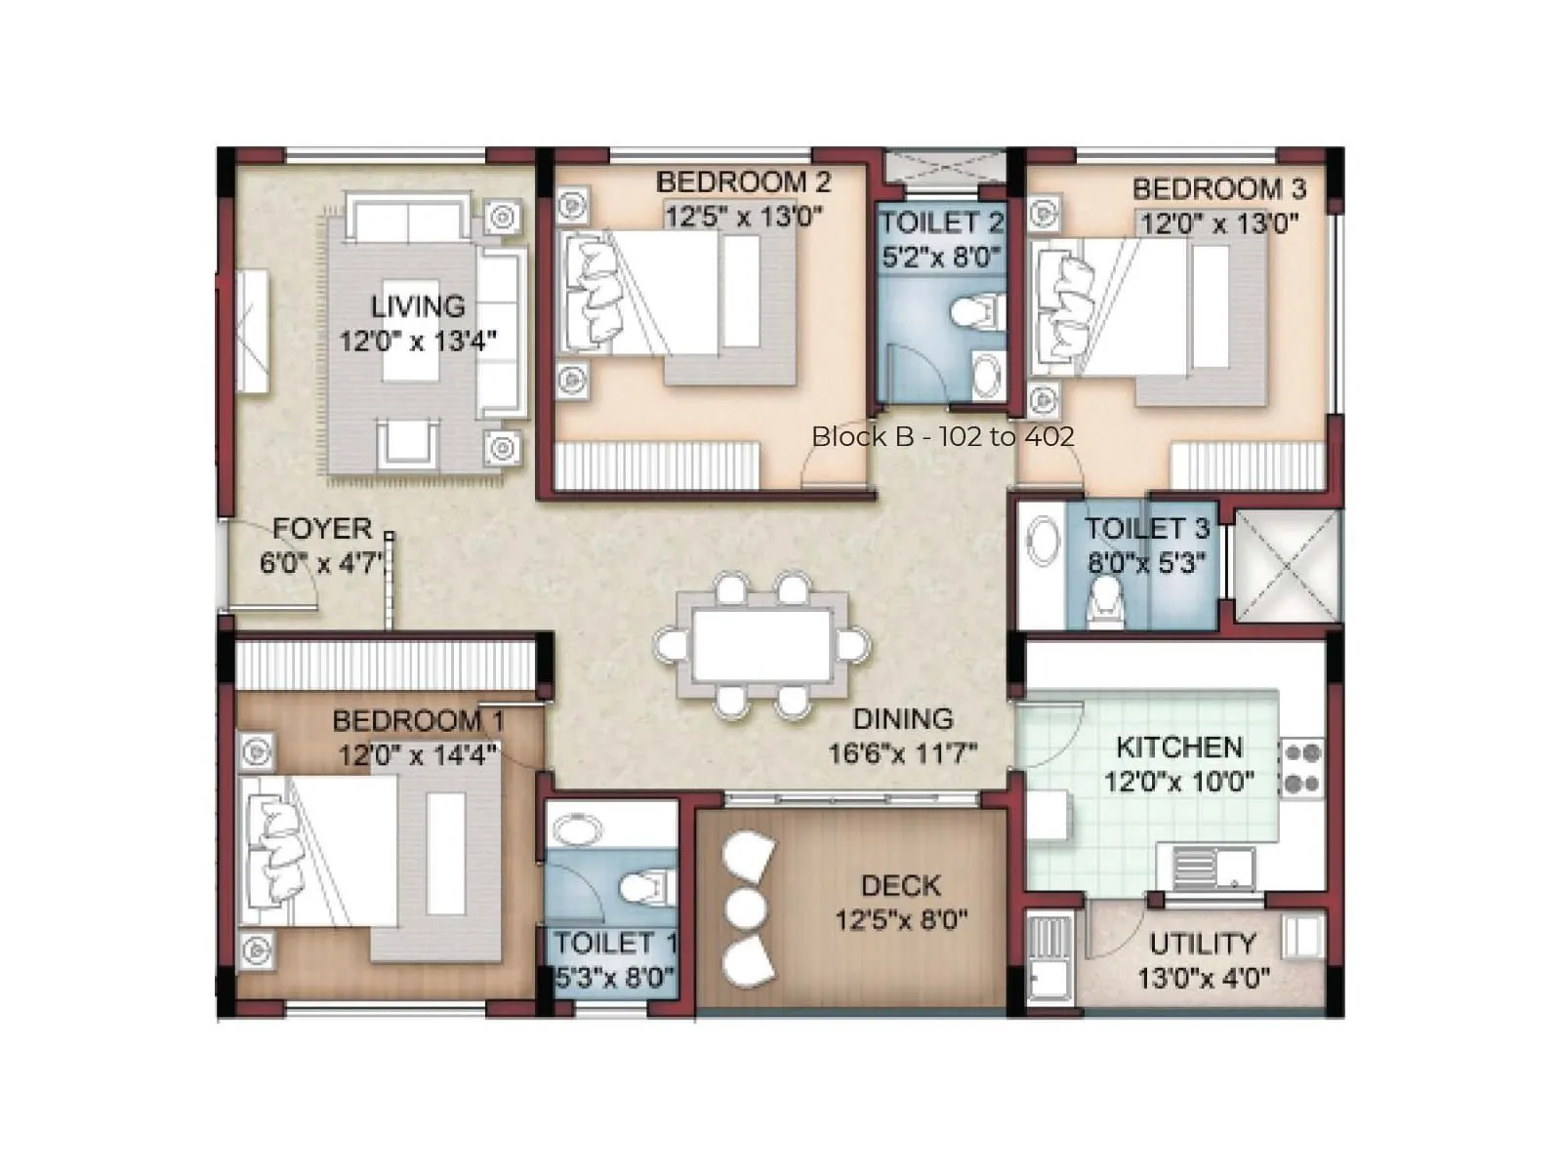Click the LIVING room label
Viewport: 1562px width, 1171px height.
tap(418, 306)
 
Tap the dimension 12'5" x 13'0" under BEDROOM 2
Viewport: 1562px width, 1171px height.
tap(744, 216)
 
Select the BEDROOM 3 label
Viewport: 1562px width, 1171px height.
tap(1218, 188)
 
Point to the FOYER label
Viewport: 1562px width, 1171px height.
tap(322, 528)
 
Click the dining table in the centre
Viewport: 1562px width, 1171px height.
tap(761, 645)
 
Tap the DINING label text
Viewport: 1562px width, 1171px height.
tap(903, 719)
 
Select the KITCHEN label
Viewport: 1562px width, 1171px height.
tap(1179, 747)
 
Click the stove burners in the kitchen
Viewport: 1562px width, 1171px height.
tap(1302, 768)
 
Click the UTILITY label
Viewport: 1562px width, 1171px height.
tap(1202, 944)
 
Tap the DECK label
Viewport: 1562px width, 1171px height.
tap(900, 886)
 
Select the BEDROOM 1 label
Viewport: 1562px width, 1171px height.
tap(418, 721)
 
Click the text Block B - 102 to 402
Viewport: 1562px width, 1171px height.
tap(942, 436)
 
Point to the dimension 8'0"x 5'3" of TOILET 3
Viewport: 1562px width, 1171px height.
tap(1147, 563)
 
